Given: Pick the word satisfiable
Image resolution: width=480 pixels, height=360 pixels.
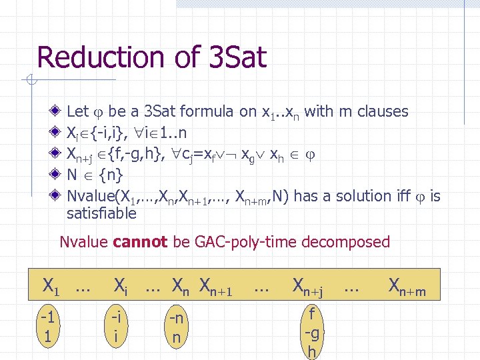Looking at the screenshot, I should click(x=101, y=213).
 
